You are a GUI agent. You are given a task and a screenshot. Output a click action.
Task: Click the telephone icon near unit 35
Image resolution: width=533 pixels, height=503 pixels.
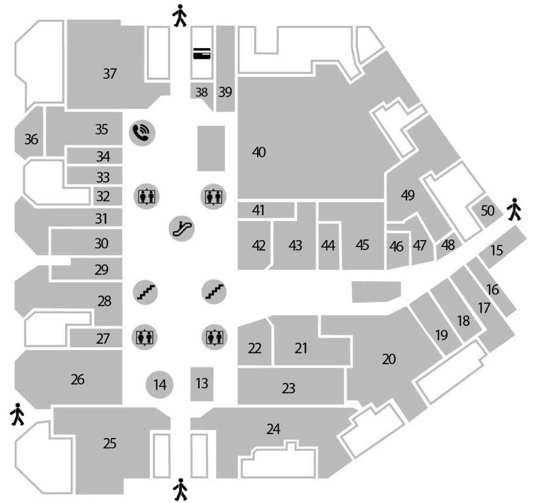click(x=143, y=133)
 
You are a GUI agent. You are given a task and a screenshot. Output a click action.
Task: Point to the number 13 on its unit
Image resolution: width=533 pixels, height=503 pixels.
click(x=202, y=384)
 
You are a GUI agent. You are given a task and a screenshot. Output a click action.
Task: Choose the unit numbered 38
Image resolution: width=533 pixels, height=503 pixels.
click(x=201, y=92)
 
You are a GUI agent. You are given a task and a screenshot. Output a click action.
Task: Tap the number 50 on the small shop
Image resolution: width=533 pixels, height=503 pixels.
click(x=487, y=211)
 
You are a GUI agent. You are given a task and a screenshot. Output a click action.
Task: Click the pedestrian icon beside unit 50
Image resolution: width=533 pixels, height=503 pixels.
click(x=514, y=209)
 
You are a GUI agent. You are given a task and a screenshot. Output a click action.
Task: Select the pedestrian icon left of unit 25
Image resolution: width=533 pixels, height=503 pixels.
click(x=18, y=415)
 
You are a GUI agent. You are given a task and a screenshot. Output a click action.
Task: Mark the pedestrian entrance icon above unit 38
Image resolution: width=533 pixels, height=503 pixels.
click(x=180, y=16)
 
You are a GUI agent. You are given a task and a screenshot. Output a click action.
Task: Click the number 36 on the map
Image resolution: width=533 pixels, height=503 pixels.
click(x=31, y=140)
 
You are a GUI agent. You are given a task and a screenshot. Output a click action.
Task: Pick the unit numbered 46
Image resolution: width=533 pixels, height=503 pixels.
click(x=397, y=247)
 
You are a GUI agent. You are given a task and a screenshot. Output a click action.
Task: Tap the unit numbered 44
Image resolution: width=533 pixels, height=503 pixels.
click(x=328, y=245)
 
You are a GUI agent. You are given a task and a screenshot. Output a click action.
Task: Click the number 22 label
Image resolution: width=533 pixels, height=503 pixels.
click(x=254, y=348)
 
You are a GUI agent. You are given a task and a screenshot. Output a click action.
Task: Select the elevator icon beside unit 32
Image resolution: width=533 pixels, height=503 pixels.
click(x=145, y=196)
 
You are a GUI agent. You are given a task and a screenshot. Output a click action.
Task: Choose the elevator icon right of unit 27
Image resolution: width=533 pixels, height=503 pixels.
click(x=145, y=337)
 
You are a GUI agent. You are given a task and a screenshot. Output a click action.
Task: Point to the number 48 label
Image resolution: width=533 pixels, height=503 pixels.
click(x=449, y=245)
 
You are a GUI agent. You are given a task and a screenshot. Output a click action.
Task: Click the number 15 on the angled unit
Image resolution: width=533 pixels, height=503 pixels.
click(x=497, y=251)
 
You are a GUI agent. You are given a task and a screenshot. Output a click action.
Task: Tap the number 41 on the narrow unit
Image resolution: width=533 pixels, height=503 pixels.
click(x=258, y=210)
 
